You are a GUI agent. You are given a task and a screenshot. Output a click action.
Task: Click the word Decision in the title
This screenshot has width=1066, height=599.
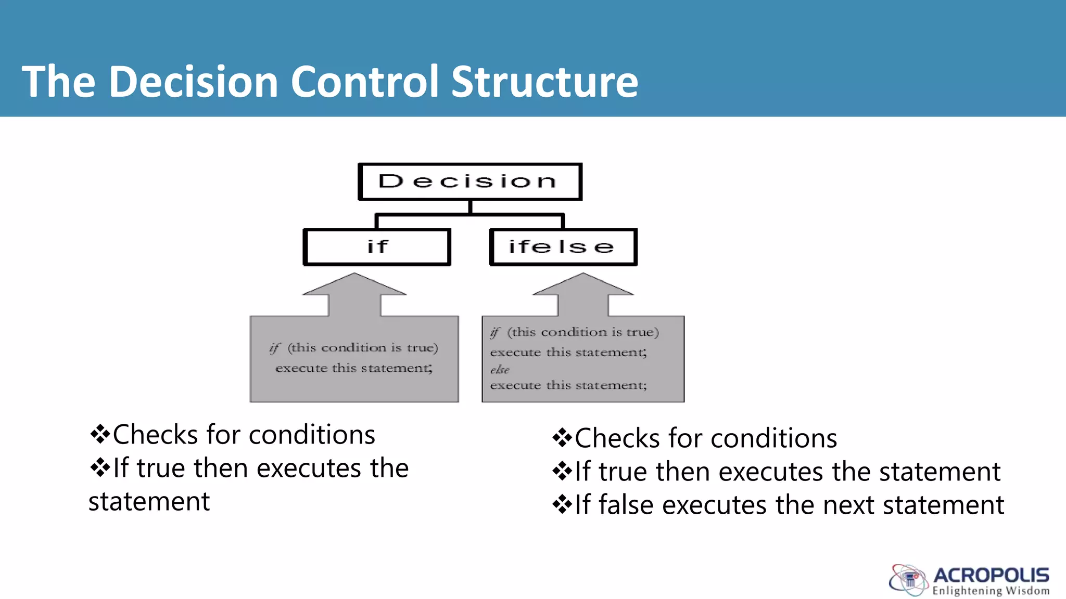tap(194, 82)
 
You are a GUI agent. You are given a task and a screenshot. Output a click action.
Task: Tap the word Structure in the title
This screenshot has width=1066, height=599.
tap(544, 82)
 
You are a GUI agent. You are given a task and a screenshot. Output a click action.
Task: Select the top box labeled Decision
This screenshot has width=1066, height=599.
tap(469, 181)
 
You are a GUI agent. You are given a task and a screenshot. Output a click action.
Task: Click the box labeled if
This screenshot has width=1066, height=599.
tap(377, 247)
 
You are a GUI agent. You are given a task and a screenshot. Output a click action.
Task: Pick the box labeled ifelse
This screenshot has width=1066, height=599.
tap(563, 247)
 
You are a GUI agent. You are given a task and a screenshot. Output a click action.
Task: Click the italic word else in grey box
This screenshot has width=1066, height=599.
tap(500, 370)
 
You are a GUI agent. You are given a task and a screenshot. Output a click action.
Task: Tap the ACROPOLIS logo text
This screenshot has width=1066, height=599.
tap(991, 575)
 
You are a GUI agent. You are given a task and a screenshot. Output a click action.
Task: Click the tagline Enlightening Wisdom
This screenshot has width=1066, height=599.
tap(991, 591)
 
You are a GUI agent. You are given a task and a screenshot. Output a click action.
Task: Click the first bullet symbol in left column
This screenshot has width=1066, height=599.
tap(99, 434)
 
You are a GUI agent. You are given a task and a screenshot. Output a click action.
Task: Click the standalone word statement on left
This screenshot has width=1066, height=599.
tap(149, 502)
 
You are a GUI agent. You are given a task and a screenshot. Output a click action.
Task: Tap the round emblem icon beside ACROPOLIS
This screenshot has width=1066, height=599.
tap(909, 580)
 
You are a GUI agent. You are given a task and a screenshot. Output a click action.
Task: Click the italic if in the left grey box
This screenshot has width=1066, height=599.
tap(275, 348)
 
